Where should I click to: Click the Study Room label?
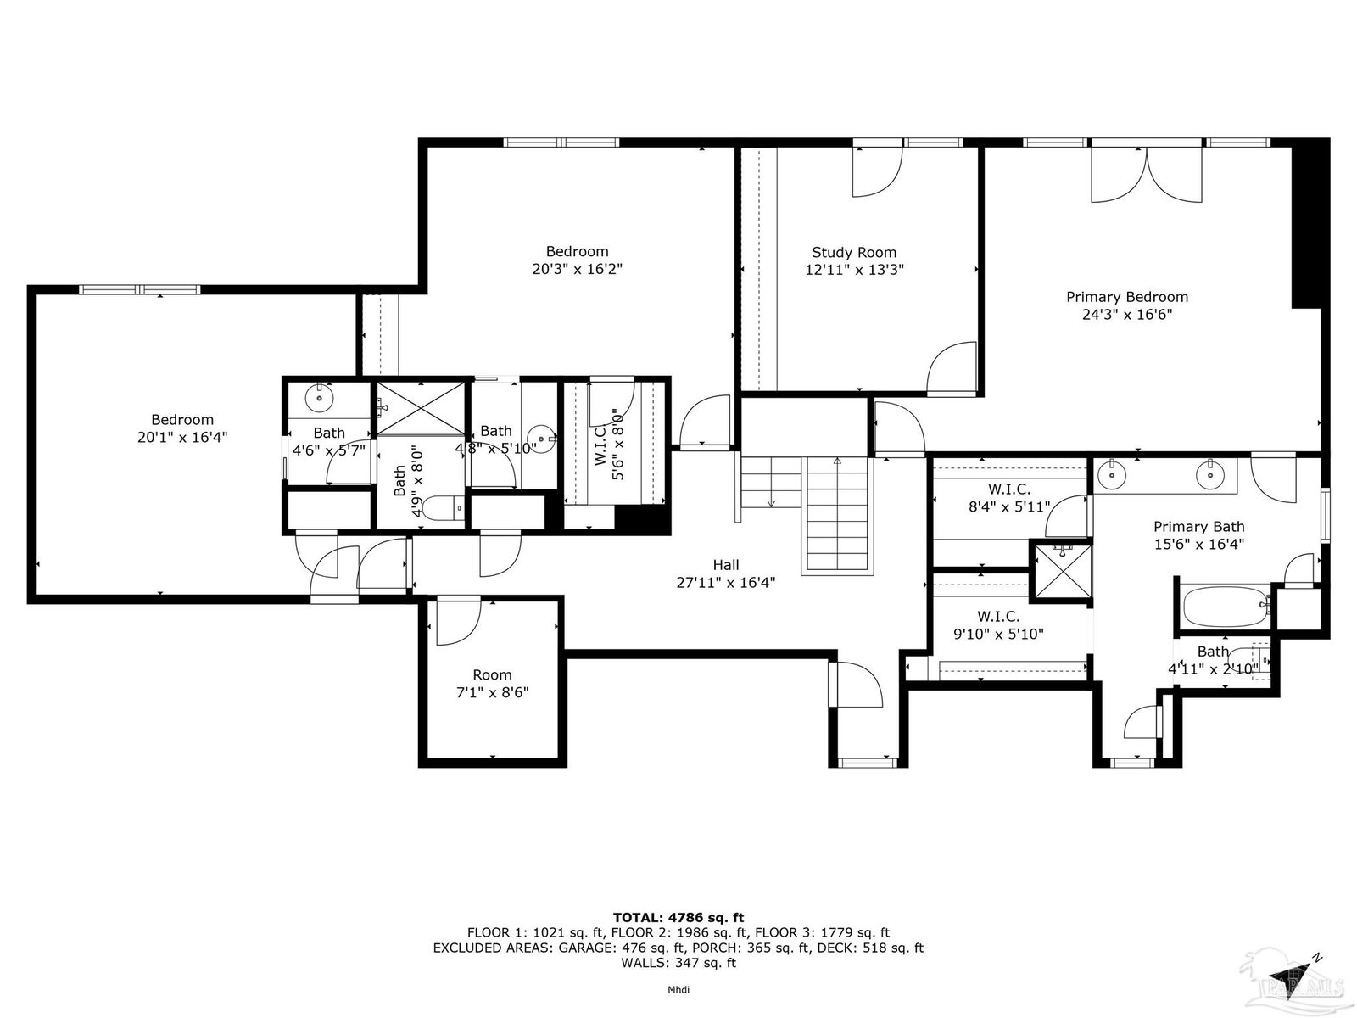point(854,252)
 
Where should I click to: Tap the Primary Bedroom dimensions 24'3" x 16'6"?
point(1127,315)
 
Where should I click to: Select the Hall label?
point(726,564)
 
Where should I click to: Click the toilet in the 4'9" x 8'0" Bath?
point(444,507)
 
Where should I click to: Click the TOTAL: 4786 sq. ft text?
point(678,917)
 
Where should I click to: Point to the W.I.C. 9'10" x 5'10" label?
point(998,625)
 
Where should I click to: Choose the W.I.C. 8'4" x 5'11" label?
point(1009,498)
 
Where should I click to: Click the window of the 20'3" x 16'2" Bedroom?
point(561,143)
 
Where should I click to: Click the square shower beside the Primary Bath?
point(1062,570)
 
